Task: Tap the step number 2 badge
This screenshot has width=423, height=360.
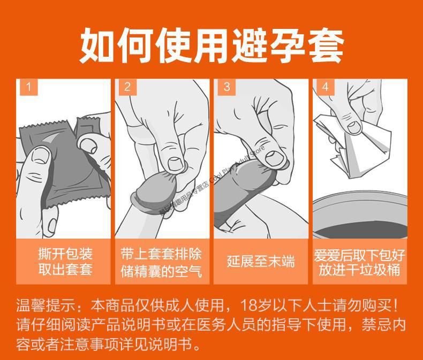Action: pyautogui.click(x=127, y=87)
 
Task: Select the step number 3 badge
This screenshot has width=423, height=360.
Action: pyautogui.click(x=226, y=87)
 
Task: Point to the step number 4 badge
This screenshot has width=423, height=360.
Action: pyautogui.click(x=324, y=87)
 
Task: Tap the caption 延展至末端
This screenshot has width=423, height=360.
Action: pyautogui.click(x=261, y=261)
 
